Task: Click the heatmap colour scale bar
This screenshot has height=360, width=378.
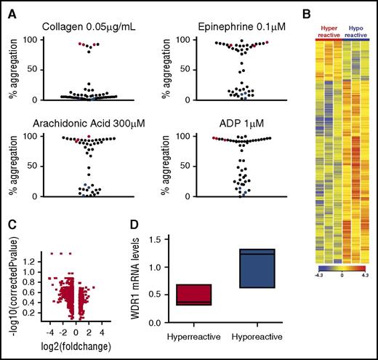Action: tap(329, 267)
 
